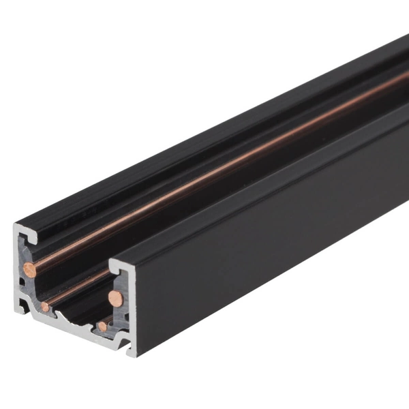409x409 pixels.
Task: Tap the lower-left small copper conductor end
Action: [x=45, y=307]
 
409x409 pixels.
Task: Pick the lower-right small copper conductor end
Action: [x=102, y=327]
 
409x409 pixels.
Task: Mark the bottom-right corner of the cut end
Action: [x=134, y=354]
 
